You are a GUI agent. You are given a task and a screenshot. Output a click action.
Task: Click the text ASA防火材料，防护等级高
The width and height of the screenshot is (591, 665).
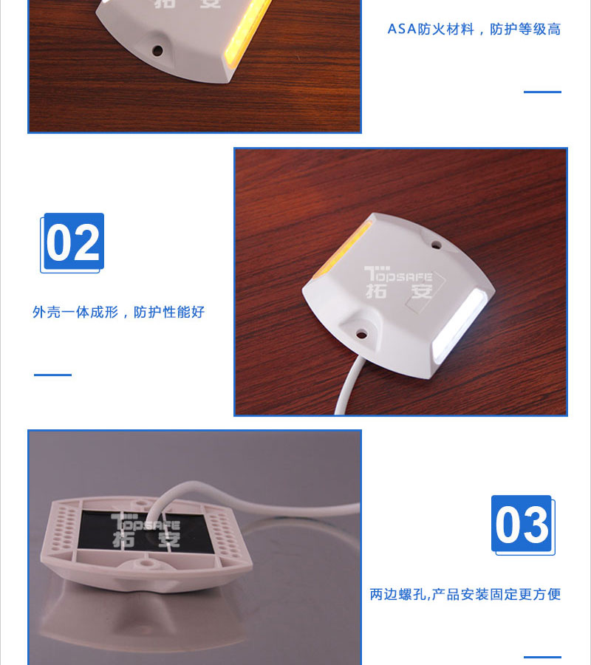pyautogui.click(x=474, y=29)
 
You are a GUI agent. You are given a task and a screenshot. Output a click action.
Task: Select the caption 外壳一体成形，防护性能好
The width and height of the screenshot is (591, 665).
pyautogui.click(x=119, y=312)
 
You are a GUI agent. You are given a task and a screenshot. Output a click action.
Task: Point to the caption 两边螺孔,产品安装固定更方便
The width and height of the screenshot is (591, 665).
pyautogui.click(x=465, y=594)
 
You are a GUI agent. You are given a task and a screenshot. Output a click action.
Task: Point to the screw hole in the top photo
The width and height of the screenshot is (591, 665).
pyautogui.click(x=157, y=50)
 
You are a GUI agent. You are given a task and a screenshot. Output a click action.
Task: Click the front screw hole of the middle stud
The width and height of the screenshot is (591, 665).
pyautogui.click(x=361, y=335)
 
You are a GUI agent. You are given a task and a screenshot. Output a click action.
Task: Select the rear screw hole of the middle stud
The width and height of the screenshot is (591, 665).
pyautogui.click(x=437, y=245)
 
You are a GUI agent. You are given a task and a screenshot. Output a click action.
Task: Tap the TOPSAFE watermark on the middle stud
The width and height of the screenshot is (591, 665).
pyautogui.click(x=398, y=282)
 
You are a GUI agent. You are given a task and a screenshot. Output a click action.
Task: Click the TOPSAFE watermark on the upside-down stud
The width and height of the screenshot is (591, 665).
pyautogui.click(x=146, y=530)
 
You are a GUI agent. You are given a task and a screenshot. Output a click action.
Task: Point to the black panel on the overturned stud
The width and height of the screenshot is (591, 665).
pyautogui.click(x=146, y=531)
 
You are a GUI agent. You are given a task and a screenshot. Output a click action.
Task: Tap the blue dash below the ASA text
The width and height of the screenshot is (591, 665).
pyautogui.click(x=542, y=92)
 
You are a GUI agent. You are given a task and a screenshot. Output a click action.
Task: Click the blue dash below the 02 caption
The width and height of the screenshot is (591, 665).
pyautogui.click(x=52, y=375)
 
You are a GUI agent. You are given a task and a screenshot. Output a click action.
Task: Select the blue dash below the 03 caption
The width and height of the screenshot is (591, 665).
pyautogui.click(x=542, y=657)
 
